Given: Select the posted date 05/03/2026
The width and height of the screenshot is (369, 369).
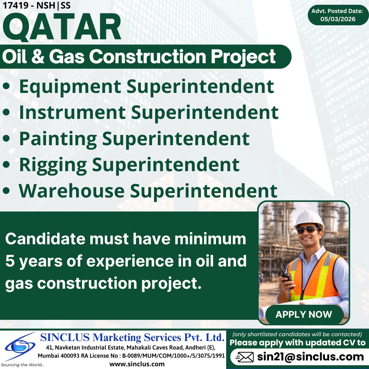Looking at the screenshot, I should [x=338, y=19].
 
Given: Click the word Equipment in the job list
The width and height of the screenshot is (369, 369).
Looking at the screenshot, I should [x=70, y=87].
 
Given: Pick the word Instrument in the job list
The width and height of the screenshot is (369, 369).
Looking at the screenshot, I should [x=72, y=112].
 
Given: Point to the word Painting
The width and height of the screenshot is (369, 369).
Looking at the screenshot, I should [x=58, y=139].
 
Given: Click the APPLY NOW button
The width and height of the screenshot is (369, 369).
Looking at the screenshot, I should [x=304, y=314].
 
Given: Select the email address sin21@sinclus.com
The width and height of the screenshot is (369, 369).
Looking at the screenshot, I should [x=311, y=357].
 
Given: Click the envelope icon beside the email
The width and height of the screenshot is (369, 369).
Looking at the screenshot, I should [x=245, y=357].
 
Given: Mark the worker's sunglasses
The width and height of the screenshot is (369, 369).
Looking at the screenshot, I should [x=307, y=230].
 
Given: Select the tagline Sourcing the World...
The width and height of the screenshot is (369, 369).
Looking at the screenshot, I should [x=22, y=365].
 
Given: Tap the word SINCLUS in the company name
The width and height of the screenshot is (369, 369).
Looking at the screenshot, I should [x=65, y=338].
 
